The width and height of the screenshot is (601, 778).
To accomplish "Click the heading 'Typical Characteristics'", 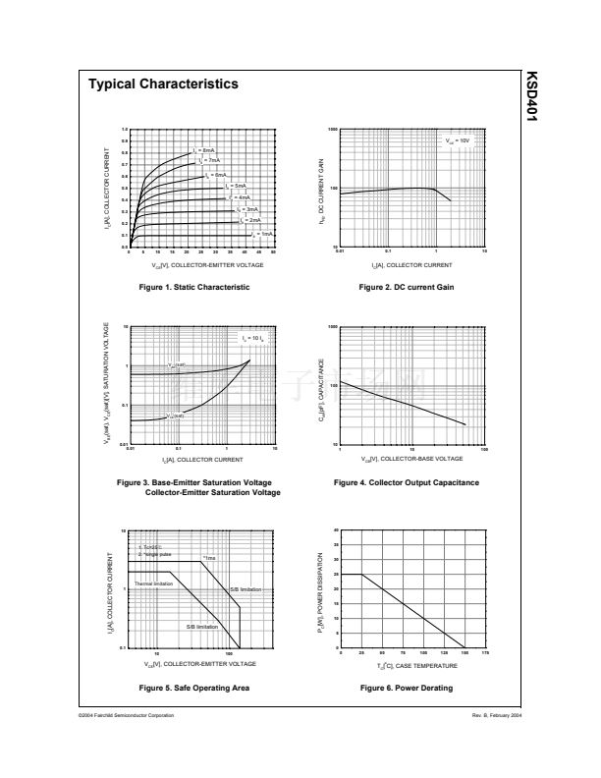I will point(163,84).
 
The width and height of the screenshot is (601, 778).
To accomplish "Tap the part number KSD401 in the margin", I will point(532,97).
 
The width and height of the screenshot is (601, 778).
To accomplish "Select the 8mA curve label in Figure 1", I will point(203,150).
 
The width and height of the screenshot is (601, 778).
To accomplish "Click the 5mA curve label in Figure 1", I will point(236,186).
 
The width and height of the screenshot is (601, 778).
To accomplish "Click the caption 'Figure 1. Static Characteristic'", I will point(193,287).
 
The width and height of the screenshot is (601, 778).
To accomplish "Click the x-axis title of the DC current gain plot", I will point(412,265).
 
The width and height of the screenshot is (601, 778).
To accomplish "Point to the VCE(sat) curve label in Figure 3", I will point(175,416).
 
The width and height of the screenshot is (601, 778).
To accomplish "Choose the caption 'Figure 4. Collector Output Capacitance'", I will point(407,482).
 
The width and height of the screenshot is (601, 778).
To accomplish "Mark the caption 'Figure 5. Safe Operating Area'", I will point(193,688).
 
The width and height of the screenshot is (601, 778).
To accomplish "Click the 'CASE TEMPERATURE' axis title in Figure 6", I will point(412,665).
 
